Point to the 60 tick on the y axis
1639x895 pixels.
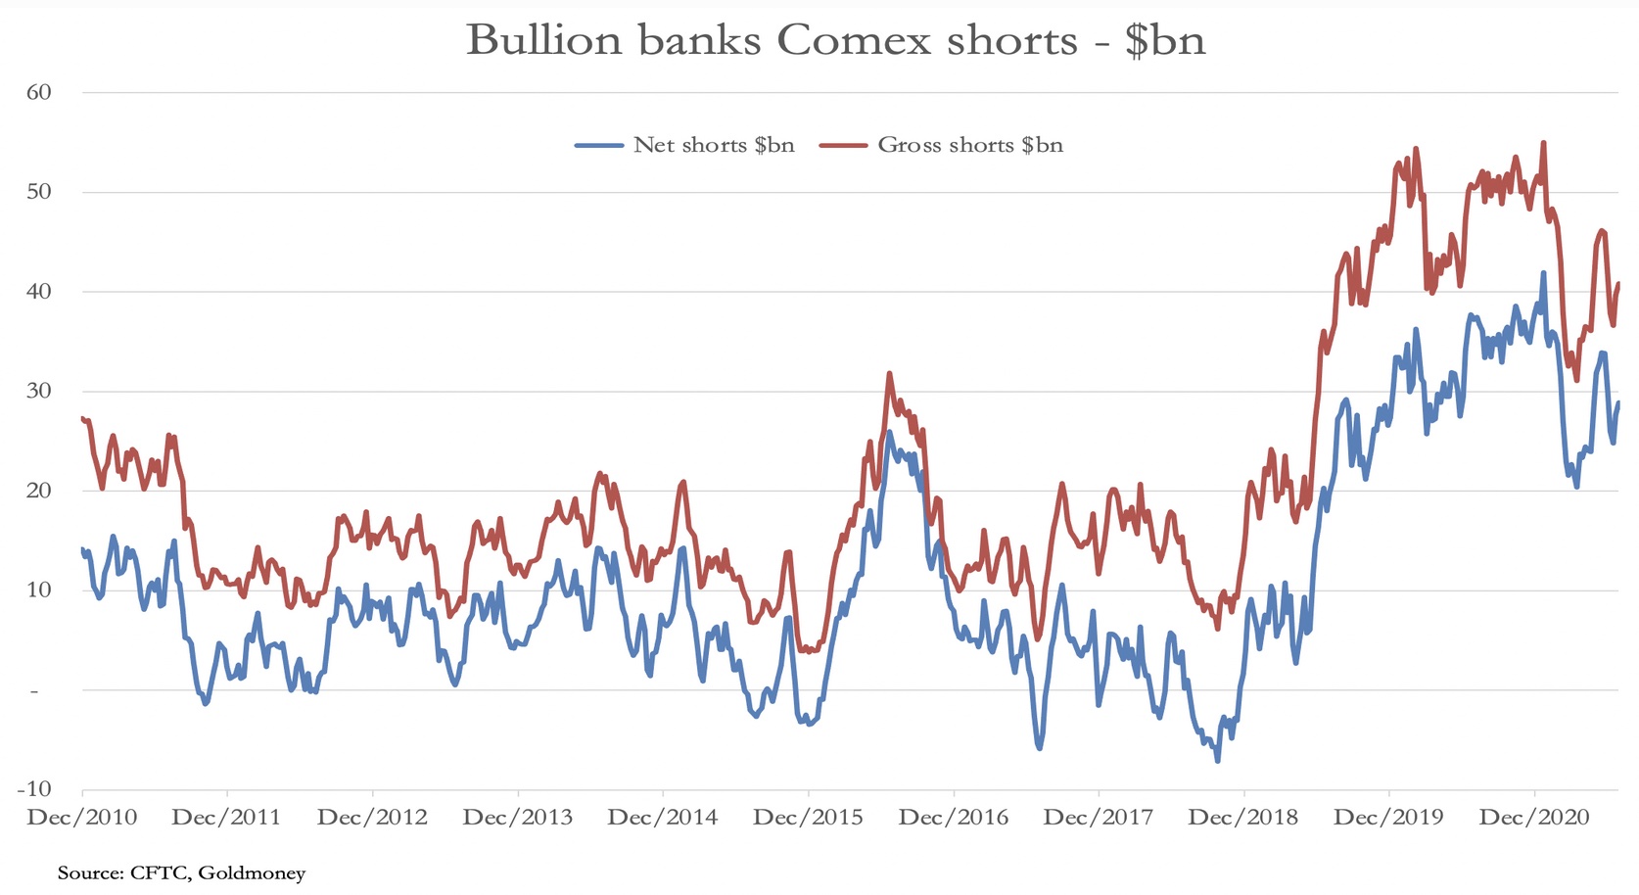click(39, 92)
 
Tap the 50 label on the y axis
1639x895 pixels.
click(39, 192)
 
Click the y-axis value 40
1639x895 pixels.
click(39, 291)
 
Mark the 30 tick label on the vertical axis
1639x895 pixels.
click(39, 391)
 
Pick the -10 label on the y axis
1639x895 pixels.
click(34, 788)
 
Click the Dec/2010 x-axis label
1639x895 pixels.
click(82, 818)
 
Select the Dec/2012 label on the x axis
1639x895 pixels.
click(372, 818)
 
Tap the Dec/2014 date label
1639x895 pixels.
click(663, 818)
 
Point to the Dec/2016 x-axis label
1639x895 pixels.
click(953, 818)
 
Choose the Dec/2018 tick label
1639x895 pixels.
click(1243, 818)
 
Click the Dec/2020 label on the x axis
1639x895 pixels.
click(1534, 818)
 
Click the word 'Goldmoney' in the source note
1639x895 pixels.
click(252, 872)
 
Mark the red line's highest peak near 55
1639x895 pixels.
click(1543, 143)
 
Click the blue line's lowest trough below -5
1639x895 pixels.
click(1218, 760)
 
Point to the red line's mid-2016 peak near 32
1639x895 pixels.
click(889, 373)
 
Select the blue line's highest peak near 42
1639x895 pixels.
click(1543, 273)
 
